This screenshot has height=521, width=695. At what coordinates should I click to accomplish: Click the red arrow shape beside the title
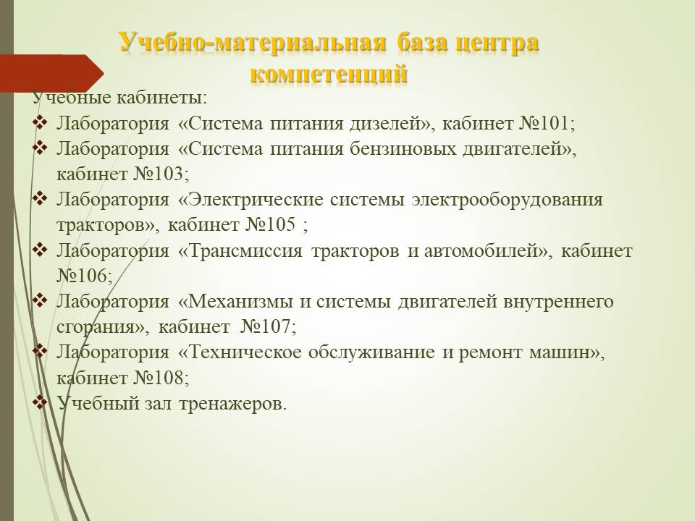pyautogui.click(x=51, y=73)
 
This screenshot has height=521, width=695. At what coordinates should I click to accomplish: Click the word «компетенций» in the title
pyautogui.click(x=329, y=74)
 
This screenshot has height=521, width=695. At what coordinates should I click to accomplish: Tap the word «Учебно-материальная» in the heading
pyautogui.click(x=253, y=43)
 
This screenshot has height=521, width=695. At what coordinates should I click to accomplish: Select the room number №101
pyautogui.click(x=544, y=123)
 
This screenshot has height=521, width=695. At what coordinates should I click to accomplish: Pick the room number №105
pyautogui.click(x=270, y=224)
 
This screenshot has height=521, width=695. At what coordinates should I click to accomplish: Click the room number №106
pyautogui.click(x=82, y=276)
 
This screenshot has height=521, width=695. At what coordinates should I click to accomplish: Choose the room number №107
pyautogui.click(x=266, y=326)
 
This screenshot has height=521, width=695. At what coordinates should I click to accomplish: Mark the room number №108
pyautogui.click(x=159, y=378)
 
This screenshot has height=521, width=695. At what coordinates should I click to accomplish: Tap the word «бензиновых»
pyautogui.click(x=403, y=149)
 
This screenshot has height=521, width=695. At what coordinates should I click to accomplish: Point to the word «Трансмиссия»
pyautogui.click(x=245, y=251)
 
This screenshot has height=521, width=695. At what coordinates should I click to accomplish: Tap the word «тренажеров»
pyautogui.click(x=230, y=404)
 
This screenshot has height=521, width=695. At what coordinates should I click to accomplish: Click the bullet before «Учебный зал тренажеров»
pyautogui.click(x=40, y=402)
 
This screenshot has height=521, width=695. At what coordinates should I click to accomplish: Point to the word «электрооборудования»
pyautogui.click(x=507, y=200)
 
